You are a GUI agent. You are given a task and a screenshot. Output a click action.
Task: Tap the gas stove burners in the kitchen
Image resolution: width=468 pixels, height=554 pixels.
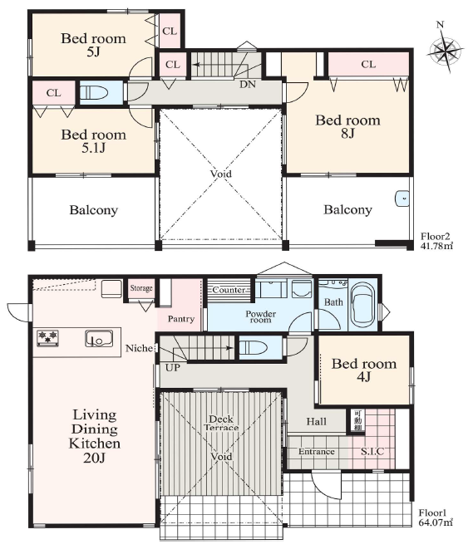click(x=47, y=337)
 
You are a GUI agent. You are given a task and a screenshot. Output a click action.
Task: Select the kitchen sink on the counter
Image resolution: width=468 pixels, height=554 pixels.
click(x=99, y=339)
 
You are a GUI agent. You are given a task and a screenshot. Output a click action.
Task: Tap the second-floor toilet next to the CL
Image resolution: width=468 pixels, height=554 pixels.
click(x=94, y=92)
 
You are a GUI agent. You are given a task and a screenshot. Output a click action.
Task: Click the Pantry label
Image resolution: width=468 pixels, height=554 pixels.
click(x=181, y=319)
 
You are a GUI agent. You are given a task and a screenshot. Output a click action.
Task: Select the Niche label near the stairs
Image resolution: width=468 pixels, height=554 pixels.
click(x=140, y=348)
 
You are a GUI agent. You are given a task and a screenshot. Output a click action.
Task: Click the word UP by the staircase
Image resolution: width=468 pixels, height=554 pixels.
click(x=173, y=368)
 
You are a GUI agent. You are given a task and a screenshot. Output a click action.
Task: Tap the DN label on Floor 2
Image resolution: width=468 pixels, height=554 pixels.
click(x=248, y=85)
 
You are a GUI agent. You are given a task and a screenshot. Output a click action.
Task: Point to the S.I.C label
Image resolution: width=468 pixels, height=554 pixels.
click(x=372, y=451)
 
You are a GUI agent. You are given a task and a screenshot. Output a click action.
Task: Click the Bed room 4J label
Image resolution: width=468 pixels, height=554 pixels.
click(x=364, y=370)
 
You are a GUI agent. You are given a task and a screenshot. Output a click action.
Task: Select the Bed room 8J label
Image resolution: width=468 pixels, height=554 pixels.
click(x=347, y=126)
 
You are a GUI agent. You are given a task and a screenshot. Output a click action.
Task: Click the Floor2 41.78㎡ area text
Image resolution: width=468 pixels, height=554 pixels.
click(x=436, y=241)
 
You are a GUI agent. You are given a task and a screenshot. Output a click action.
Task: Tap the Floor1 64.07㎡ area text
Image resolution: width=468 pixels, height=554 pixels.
click(x=436, y=517)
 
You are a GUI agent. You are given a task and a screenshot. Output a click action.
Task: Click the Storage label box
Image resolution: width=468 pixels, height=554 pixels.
click(x=141, y=288)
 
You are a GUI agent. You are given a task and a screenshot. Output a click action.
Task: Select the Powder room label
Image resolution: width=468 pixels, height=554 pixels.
click(x=260, y=316)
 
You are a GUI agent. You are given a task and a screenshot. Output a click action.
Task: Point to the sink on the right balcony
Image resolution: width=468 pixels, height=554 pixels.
click(x=402, y=199)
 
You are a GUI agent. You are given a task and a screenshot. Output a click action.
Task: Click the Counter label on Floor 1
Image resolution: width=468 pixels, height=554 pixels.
click(x=229, y=290)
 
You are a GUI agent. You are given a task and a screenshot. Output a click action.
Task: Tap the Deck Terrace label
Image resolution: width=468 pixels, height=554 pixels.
click(x=221, y=423)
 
